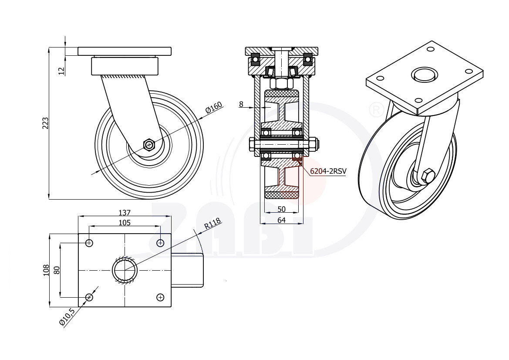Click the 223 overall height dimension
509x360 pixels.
point(46,123)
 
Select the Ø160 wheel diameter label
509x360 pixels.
point(214,108)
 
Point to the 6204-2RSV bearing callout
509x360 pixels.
point(328,171)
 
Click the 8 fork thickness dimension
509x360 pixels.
point(241,104)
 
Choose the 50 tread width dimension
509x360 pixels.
point(281,209)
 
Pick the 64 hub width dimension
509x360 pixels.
point(281,220)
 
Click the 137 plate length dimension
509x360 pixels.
point(125,213)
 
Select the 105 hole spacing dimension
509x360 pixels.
point(125,223)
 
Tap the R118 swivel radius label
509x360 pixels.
point(212,224)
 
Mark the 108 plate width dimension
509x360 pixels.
point(46,270)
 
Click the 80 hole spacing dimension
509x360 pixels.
point(57,270)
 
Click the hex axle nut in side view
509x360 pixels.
point(149,144)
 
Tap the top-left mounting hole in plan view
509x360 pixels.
point(89,243)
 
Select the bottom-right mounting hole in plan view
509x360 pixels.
point(160,297)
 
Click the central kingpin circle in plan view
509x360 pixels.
point(125,270)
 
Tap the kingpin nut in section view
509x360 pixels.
point(281,83)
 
